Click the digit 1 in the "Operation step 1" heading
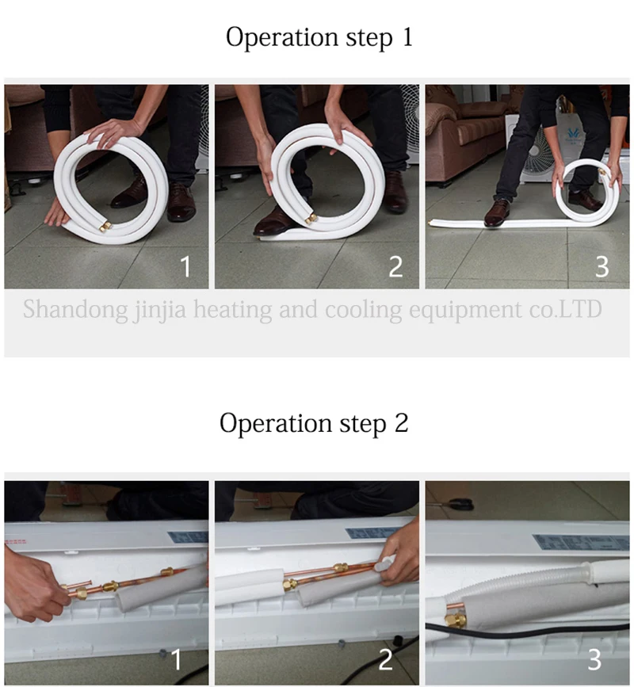pos(407,36)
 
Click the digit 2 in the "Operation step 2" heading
pos(401,423)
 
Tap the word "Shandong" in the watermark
pos(75,310)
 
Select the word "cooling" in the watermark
pos(363,310)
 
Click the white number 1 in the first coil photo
pos(185,266)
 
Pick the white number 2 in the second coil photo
pos(395,266)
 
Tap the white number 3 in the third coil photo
pos(602,266)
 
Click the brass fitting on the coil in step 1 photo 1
pos(105,226)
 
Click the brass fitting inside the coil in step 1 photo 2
pos(311,218)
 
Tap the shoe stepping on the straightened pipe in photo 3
pos(497,213)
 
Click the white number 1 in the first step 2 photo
pos(177,659)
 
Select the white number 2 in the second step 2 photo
pos(386,659)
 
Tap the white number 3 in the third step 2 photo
pos(594,659)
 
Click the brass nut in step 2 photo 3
pos(455,620)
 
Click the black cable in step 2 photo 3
pos(525,632)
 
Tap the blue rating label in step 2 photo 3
pos(581,542)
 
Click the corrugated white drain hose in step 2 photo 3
pos(517,581)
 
